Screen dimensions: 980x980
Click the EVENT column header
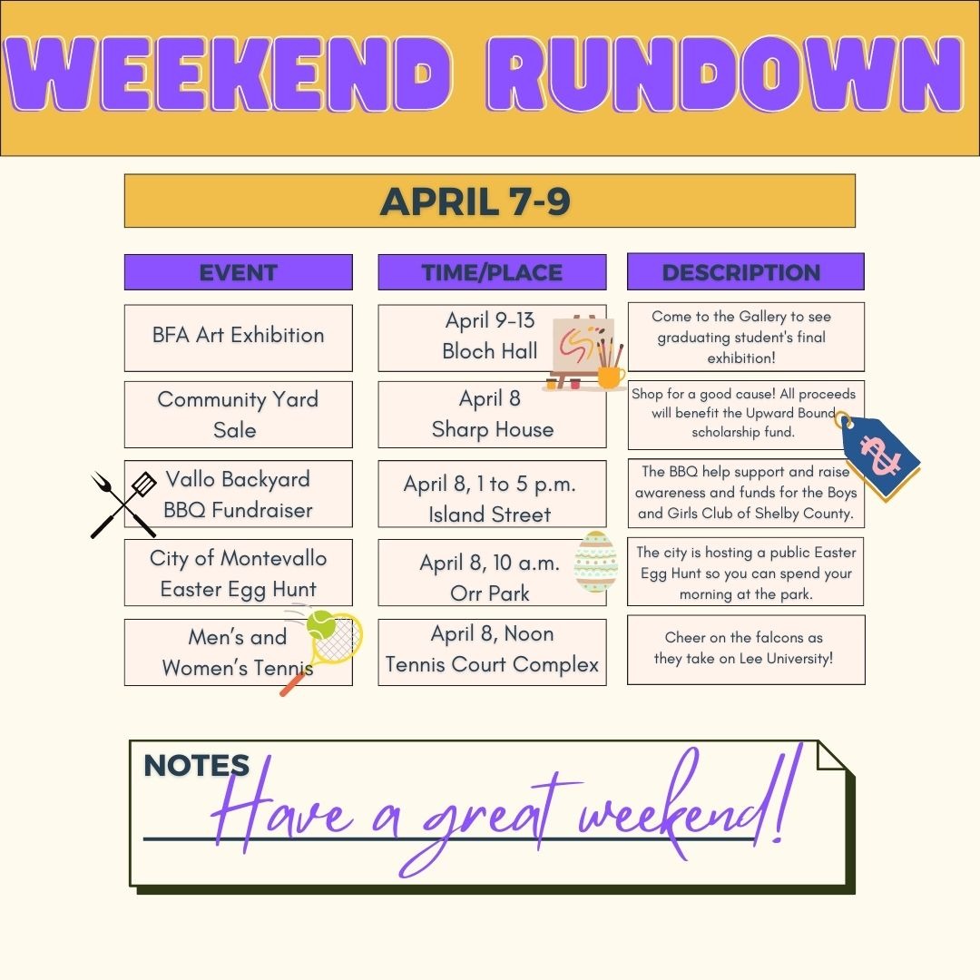pyautogui.click(x=238, y=272)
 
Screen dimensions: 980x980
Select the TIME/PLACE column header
pyautogui.click(x=492, y=272)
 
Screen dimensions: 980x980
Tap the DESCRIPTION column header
pyautogui.click(x=746, y=271)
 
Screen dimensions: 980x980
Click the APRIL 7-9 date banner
pyautogui.click(x=489, y=201)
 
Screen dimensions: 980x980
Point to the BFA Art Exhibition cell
pyautogui.click(x=238, y=338)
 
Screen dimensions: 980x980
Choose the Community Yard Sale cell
pyautogui.click(x=238, y=415)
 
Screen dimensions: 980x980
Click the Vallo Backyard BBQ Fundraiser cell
pyautogui.click(x=238, y=494)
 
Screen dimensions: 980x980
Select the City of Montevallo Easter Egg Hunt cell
pyautogui.click(x=238, y=573)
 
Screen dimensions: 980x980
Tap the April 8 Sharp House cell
pyautogui.click(x=492, y=415)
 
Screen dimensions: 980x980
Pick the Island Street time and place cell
pyautogui.click(x=492, y=494)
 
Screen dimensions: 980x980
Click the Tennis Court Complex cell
pyautogui.click(x=492, y=652)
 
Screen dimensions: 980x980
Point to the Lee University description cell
pyautogui.click(x=746, y=650)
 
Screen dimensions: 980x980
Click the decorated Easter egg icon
pyautogui.click(x=595, y=562)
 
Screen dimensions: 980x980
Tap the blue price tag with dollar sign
pyautogui.click(x=878, y=456)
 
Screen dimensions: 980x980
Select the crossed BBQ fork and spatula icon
pyautogui.click(x=123, y=505)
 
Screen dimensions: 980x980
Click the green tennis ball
pyautogui.click(x=321, y=624)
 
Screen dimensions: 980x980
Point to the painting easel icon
pyautogui.click(x=585, y=352)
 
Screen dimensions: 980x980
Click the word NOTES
pyautogui.click(x=196, y=765)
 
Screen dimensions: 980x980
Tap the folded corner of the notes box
pyautogui.click(x=831, y=755)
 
